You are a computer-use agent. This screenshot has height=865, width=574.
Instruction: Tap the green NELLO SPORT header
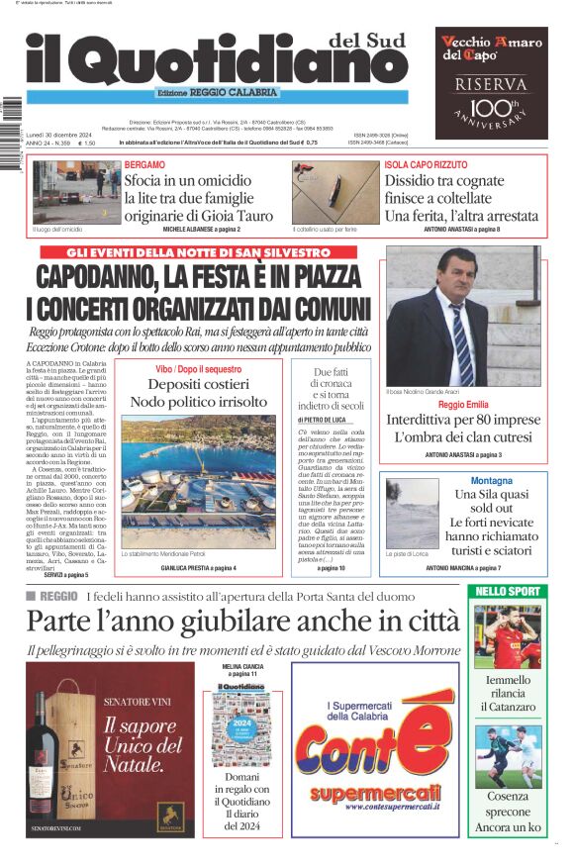pos(507,591)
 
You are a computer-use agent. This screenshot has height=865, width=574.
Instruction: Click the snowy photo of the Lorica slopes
pos(411,514)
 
